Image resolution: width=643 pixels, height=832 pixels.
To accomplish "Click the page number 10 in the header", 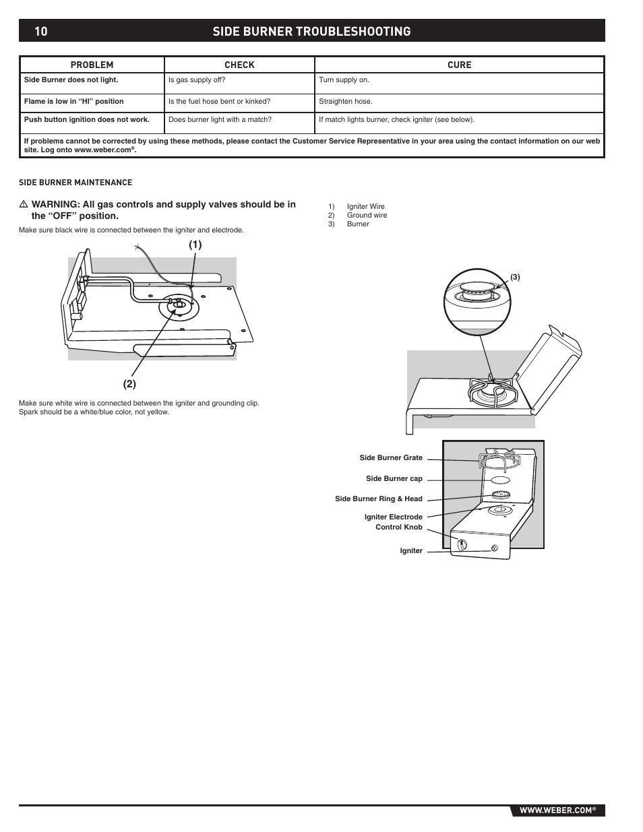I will point(40,31).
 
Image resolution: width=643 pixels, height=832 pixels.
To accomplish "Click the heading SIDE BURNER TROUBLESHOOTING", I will point(311,31).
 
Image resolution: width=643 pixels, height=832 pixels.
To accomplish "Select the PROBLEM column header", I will point(92,65).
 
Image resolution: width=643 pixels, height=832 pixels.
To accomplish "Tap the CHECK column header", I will point(239,65).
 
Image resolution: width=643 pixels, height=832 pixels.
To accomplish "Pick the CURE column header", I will point(460,65).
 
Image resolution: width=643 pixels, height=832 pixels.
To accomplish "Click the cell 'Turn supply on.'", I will point(344,80).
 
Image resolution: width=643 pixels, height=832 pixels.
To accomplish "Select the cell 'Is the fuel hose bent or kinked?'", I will point(219,102).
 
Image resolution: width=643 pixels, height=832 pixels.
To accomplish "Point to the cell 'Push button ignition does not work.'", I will point(87,120).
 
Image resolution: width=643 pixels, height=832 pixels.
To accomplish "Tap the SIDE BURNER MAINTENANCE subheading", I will point(75,183).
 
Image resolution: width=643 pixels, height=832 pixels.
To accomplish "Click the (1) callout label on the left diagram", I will point(195,245).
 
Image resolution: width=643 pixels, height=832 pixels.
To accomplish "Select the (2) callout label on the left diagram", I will point(129,384).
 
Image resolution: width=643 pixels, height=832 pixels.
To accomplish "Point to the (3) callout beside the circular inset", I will point(515,277).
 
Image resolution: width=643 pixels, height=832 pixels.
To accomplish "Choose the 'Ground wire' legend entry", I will point(367,216).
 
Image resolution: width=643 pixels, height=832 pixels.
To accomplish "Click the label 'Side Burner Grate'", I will point(391,458).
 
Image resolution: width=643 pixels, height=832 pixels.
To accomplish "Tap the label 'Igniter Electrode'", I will point(393,517).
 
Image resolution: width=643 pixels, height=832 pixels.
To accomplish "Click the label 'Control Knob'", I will point(398,527).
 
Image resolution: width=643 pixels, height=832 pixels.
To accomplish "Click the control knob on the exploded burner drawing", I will point(462,544).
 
